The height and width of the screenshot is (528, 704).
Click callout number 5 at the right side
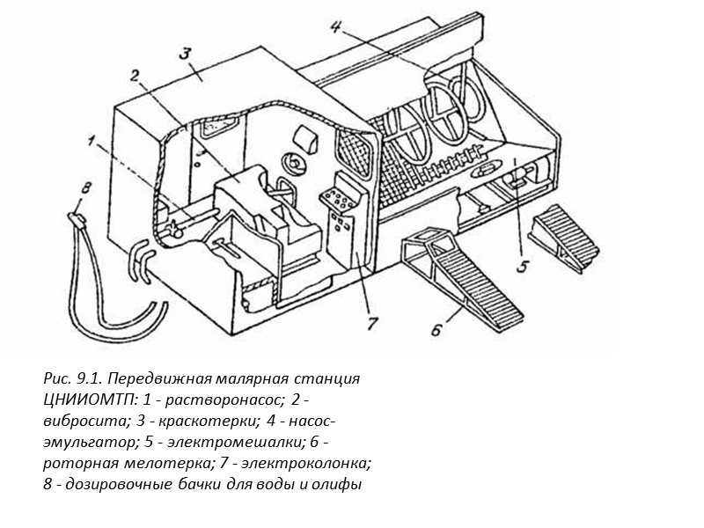point(521,267)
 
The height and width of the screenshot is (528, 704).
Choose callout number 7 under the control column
point(371,323)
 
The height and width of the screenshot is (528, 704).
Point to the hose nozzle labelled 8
point(76,215)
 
